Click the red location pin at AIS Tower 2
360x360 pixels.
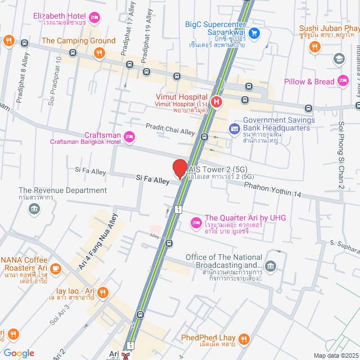(179, 168)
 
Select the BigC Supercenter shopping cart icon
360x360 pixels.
(254, 33)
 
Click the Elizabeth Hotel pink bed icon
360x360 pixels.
(95, 18)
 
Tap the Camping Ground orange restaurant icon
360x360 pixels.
(99, 53)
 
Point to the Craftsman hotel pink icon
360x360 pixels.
(129, 136)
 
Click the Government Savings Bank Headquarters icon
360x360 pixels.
(234, 129)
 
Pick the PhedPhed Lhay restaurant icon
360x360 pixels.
(244, 339)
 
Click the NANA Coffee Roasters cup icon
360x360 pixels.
(55, 268)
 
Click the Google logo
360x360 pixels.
(19, 353)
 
